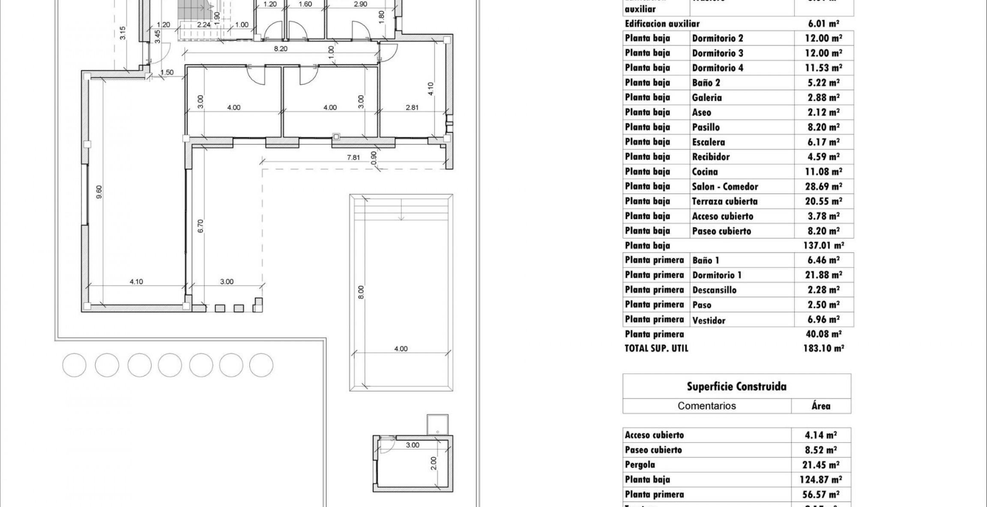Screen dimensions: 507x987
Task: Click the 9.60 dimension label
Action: coord(99,192)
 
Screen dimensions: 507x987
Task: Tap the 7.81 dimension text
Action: coord(353,157)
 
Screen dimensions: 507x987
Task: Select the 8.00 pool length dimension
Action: coord(361,292)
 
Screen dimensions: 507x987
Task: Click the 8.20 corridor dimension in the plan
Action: coord(281,49)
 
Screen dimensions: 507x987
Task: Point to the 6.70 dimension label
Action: coord(200,226)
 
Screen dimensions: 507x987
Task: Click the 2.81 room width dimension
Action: coord(412,107)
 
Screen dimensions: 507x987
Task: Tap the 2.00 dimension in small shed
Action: coord(433,463)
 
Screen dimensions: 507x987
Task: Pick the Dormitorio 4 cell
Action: coord(718,68)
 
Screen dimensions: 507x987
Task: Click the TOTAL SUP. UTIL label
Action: coord(656,348)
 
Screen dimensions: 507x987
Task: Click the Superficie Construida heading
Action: coord(736,386)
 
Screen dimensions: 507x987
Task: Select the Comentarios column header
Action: coord(706,406)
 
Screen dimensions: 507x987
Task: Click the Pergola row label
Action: coord(640,464)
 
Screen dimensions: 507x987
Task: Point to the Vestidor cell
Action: coord(709,320)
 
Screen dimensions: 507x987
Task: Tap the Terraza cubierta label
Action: coord(724,201)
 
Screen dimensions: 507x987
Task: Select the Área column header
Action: coord(820,406)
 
